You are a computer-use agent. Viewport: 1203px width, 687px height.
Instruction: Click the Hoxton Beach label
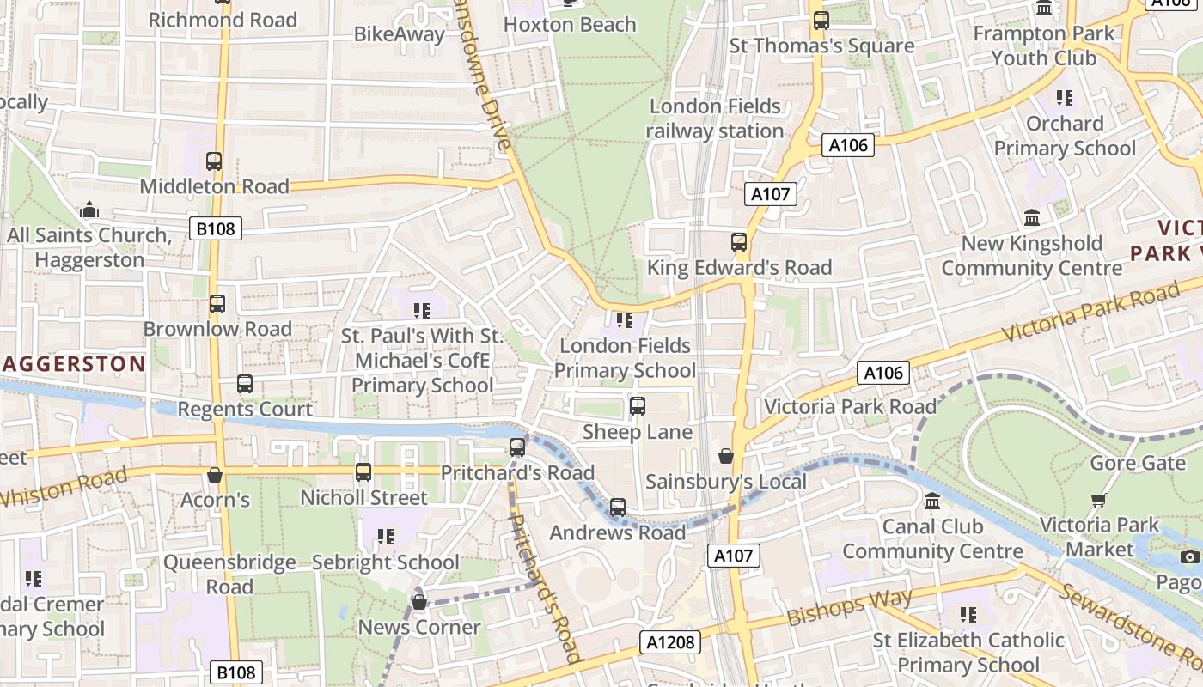[x=570, y=25]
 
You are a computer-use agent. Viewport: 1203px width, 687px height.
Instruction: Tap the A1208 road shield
[x=669, y=642]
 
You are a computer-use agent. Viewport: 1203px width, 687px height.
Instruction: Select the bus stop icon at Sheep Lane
[x=638, y=406]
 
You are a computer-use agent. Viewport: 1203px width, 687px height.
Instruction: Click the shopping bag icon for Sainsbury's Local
[x=726, y=456]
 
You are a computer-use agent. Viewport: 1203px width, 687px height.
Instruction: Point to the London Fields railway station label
[x=715, y=119]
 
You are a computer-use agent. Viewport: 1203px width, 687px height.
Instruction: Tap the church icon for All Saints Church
[x=89, y=210]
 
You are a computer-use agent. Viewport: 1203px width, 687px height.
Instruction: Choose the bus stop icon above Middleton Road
[x=214, y=161]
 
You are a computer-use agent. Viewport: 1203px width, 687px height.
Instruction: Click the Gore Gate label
[x=1137, y=464]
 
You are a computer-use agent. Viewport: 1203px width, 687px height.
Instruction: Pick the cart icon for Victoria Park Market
[x=1098, y=500]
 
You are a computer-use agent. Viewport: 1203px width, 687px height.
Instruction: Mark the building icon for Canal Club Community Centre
[x=932, y=501]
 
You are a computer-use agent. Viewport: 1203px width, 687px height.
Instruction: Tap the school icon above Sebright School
[x=386, y=537]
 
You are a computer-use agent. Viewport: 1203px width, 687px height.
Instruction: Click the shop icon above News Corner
[x=419, y=602]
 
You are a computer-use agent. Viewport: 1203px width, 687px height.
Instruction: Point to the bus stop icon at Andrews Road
[x=618, y=508]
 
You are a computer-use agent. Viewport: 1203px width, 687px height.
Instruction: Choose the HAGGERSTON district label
[x=74, y=364]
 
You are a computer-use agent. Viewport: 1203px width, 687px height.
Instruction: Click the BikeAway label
[x=400, y=34]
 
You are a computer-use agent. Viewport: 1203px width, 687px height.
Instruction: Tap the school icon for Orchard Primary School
[x=1065, y=98]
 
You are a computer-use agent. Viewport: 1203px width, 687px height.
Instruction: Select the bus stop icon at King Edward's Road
[x=739, y=242]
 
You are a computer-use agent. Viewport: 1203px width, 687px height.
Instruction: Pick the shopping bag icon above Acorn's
[x=215, y=475]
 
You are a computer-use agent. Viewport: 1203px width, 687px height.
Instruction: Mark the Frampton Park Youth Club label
[x=1043, y=46]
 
